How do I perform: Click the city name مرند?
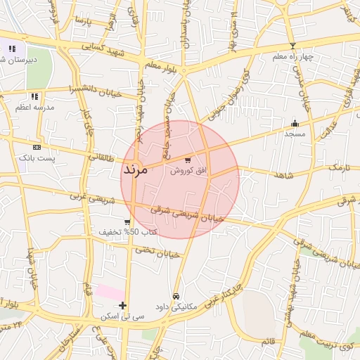pyautogui.click(x=134, y=169)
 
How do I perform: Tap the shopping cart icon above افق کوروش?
pyautogui.click(x=187, y=160)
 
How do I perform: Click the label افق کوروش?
pyautogui.click(x=186, y=171)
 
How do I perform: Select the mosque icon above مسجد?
pyautogui.click(x=295, y=124)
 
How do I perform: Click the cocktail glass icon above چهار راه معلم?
pyautogui.click(x=292, y=46)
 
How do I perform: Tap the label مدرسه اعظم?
pyautogui.click(x=34, y=108)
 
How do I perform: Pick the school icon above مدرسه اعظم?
pyautogui.click(x=34, y=97)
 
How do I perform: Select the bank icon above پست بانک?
pyautogui.click(x=37, y=147)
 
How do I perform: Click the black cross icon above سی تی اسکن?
pyautogui.click(x=123, y=305)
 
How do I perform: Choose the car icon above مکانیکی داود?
pyautogui.click(x=176, y=296)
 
